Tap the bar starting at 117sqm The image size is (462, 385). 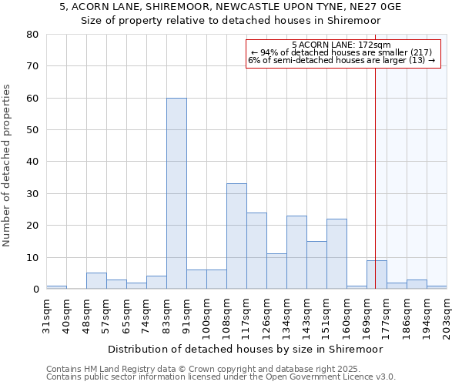point(256,251)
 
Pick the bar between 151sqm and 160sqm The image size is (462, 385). point(336,254)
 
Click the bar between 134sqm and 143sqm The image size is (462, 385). point(296,253)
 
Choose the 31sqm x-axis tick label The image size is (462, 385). point(46,311)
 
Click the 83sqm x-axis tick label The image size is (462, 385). point(166,311)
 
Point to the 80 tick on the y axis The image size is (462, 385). point(32,35)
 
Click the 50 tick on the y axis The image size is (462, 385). point(32,130)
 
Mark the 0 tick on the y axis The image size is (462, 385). point(35,290)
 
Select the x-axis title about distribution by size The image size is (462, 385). point(246,349)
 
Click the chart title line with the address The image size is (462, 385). point(230,7)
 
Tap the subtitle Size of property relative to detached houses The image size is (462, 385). point(230,21)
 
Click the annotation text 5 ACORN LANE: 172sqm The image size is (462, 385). point(342,45)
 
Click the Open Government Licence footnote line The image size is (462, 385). point(221,377)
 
